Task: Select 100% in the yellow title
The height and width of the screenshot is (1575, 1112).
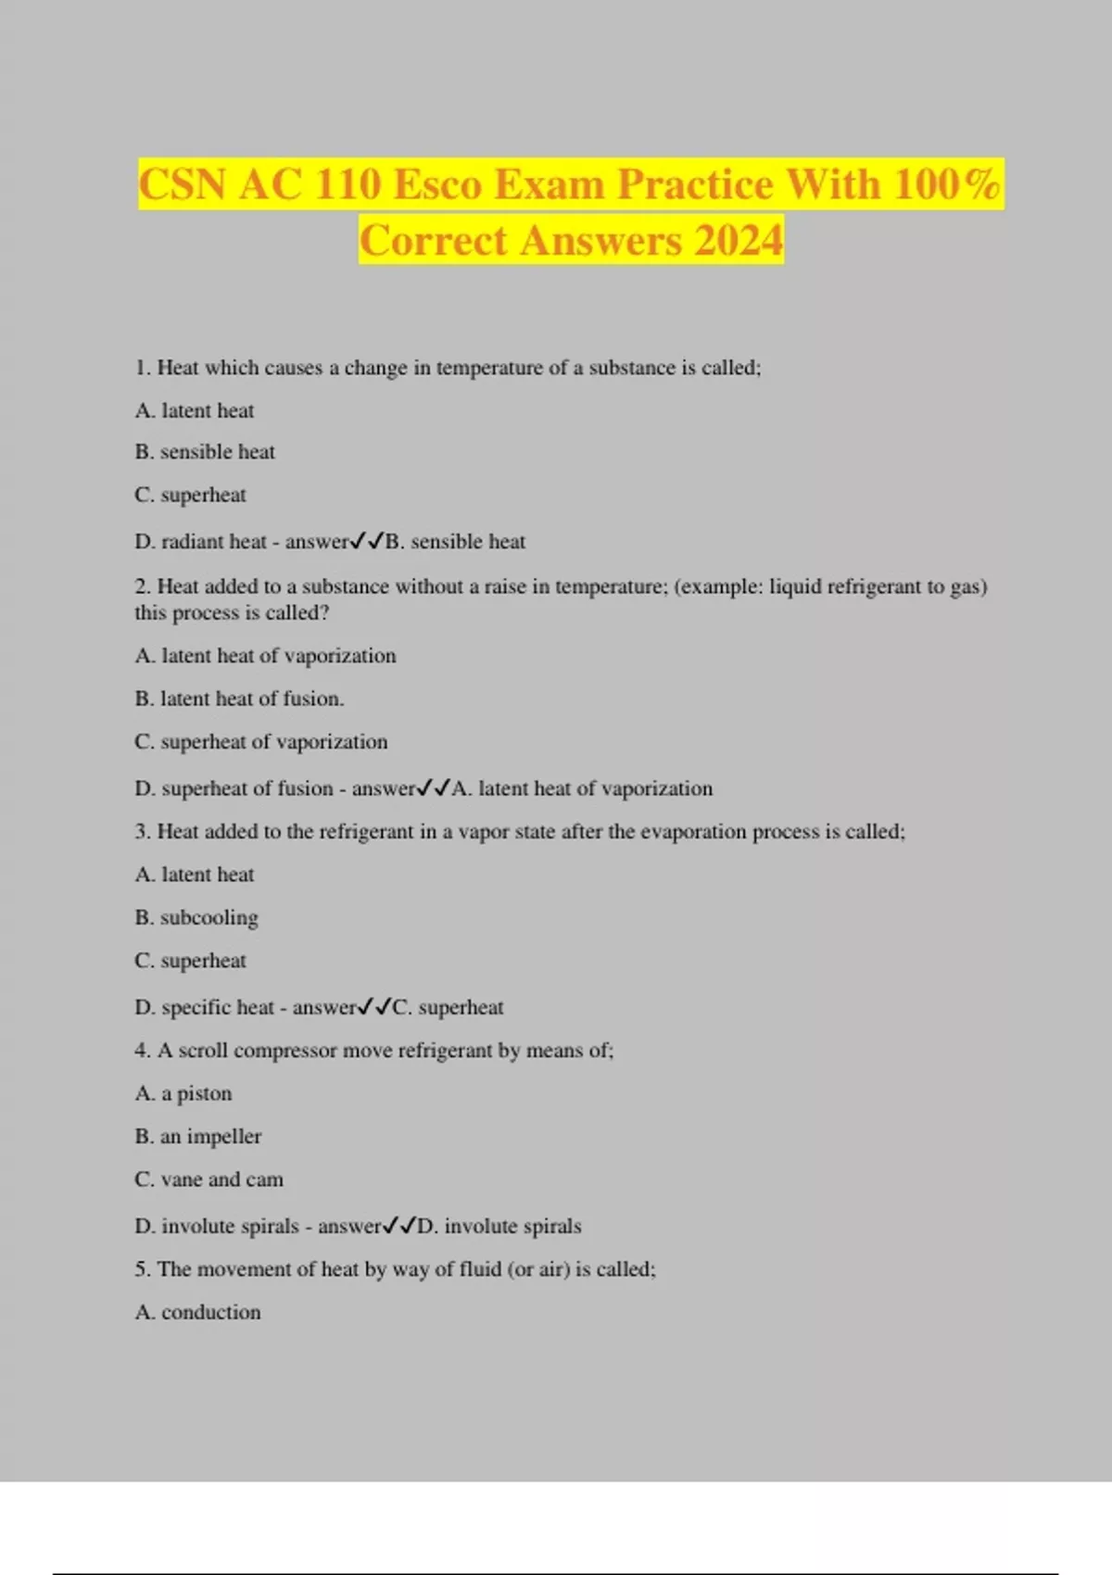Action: coord(947,183)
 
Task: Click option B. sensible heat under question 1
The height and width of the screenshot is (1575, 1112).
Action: coord(205,452)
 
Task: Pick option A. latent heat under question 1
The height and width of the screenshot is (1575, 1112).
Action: coord(194,410)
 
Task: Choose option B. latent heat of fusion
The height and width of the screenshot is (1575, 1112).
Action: coord(239,699)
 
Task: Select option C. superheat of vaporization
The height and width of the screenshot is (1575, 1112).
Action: coord(260,742)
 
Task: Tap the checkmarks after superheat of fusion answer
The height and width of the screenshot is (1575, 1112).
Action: coord(434,788)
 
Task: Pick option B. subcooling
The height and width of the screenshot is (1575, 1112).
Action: coord(196,917)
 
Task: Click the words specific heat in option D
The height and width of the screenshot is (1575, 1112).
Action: coord(218,1007)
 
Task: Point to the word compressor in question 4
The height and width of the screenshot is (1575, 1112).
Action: coord(285,1051)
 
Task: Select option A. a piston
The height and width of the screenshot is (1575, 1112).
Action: coord(183,1093)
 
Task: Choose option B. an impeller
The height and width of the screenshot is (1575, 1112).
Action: coord(198,1137)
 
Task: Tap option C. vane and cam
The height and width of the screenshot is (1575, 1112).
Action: coord(208,1179)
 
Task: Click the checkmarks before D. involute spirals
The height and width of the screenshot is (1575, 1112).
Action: coord(399,1226)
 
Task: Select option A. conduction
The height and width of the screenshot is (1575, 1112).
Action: coord(197,1312)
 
